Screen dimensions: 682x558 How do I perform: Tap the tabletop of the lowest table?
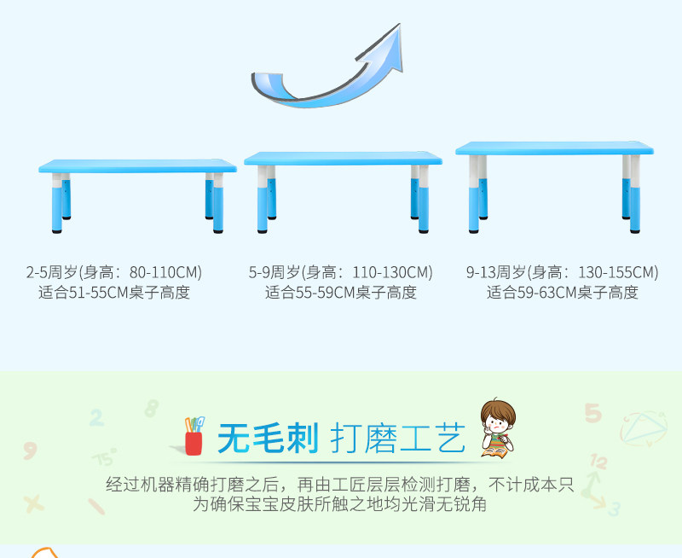tap(137, 166)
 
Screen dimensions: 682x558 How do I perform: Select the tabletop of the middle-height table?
tap(343, 159)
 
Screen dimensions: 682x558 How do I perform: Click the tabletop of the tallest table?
tap(554, 148)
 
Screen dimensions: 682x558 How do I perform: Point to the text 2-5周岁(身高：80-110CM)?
tap(113, 273)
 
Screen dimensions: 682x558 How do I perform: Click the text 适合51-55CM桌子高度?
tap(113, 293)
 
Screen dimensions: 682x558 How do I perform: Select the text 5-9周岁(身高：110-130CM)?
tap(341, 273)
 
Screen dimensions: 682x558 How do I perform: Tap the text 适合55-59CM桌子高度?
tap(341, 293)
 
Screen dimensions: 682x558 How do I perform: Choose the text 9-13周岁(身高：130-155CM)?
tap(562, 273)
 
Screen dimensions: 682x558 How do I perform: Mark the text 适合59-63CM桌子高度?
tap(562, 293)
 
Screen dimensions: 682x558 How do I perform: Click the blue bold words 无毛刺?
tap(268, 439)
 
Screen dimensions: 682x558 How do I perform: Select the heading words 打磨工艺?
tap(398, 439)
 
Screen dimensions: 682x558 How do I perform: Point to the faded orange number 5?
tap(592, 414)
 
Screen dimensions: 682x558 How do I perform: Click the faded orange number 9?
tap(30, 450)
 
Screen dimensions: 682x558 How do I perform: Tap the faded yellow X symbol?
tap(34, 503)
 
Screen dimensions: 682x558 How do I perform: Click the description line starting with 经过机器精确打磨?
tap(340, 485)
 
